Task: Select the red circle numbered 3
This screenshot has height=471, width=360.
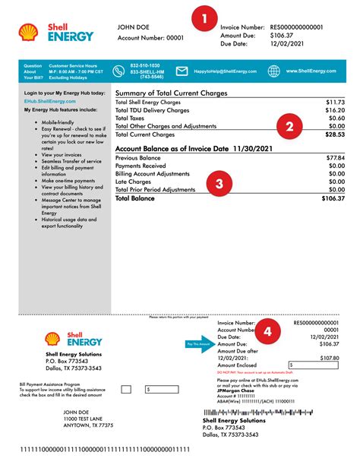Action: pyautogui.click(x=219, y=183)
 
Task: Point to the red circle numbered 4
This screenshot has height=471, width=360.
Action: pyautogui.click(x=267, y=331)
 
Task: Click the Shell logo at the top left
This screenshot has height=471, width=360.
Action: pyautogui.click(x=29, y=32)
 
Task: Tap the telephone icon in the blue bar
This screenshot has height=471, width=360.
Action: pyautogui.click(x=118, y=71)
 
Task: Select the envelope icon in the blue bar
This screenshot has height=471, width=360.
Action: pyautogui.click(x=182, y=71)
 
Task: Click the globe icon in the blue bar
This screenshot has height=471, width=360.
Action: pyautogui.click(x=273, y=71)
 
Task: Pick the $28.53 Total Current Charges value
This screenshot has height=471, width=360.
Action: pyautogui.click(x=334, y=135)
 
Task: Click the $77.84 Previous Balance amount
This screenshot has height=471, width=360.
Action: pyautogui.click(x=334, y=158)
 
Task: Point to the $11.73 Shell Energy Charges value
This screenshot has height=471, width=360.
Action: pyautogui.click(x=334, y=102)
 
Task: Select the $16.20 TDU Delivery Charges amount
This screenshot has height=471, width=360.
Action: pyautogui.click(x=334, y=110)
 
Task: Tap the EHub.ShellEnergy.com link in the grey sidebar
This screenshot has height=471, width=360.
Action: pyautogui.click(x=50, y=100)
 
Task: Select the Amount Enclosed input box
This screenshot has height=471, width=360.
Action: pyautogui.click(x=312, y=365)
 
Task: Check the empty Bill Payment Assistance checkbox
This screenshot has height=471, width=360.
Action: pyautogui.click(x=126, y=389)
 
